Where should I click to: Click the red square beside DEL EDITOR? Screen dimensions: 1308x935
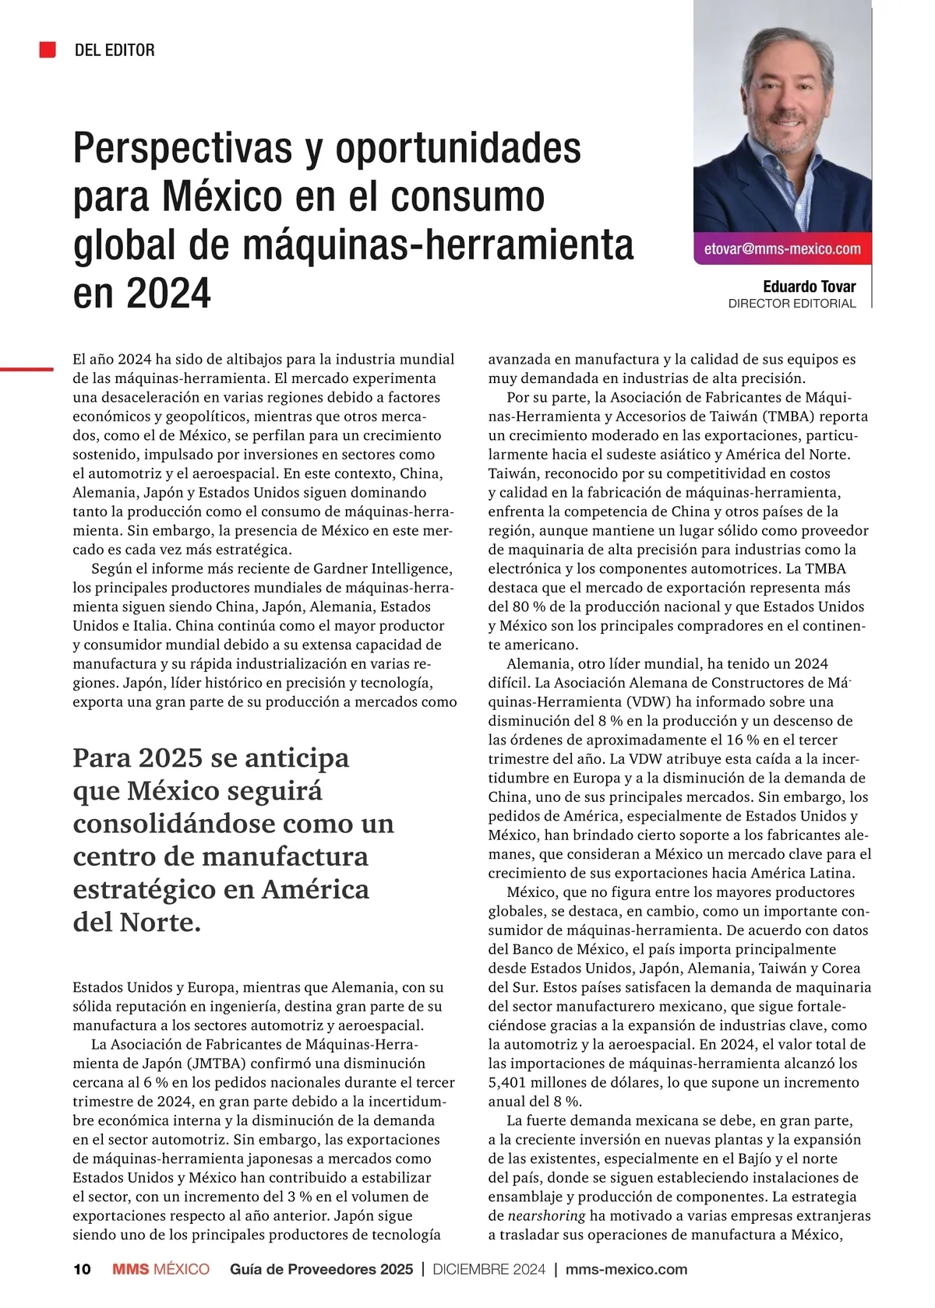[48, 50]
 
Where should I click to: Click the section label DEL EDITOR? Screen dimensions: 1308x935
[115, 51]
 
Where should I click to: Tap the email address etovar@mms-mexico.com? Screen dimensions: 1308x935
[782, 249]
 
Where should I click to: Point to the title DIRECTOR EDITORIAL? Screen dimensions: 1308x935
[792, 304]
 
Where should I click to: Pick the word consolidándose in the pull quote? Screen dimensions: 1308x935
[174, 823]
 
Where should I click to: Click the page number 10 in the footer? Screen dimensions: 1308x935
[82, 1269]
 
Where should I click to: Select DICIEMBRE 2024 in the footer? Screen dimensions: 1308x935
[489, 1269]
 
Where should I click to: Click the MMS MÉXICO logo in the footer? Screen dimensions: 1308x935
[161, 1269]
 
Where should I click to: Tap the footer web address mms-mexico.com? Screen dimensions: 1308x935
[626, 1269]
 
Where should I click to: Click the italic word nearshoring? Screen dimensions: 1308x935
[546, 1215]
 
